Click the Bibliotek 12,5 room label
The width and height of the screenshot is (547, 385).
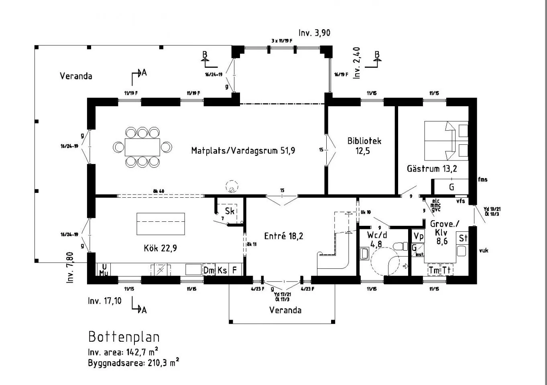(364, 146)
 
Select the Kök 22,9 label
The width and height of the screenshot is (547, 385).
(160, 248)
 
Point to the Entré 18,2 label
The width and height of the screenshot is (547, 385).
(284, 236)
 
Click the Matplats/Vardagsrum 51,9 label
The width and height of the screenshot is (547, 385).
(243, 151)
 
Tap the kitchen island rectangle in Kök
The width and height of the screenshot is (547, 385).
(161, 224)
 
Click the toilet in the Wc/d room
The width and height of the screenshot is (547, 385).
(399, 246)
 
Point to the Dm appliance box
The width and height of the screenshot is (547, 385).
(209, 270)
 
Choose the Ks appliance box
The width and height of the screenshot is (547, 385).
(222, 270)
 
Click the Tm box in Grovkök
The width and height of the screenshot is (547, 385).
(434, 270)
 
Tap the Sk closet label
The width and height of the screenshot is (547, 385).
(230, 211)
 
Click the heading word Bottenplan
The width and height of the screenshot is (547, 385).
(124, 336)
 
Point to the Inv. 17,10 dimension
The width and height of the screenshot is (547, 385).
(104, 301)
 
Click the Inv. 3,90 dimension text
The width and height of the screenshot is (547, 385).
(314, 33)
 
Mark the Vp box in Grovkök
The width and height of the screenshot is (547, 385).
(418, 236)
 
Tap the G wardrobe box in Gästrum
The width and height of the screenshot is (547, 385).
(451, 187)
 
